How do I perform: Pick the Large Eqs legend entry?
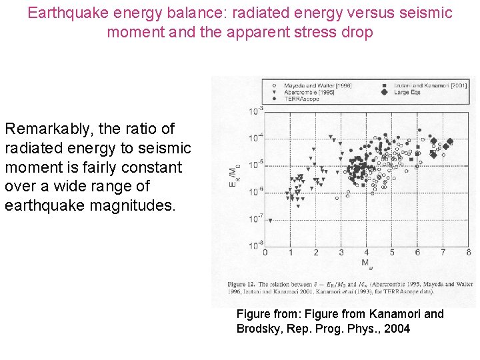click(411, 93)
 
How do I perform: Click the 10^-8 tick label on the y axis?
click(256, 245)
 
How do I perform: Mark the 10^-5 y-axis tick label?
click(256, 164)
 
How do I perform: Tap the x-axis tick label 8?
click(468, 253)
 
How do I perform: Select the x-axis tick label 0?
click(265, 253)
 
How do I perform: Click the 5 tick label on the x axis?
click(392, 253)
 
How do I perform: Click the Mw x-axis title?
click(367, 263)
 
